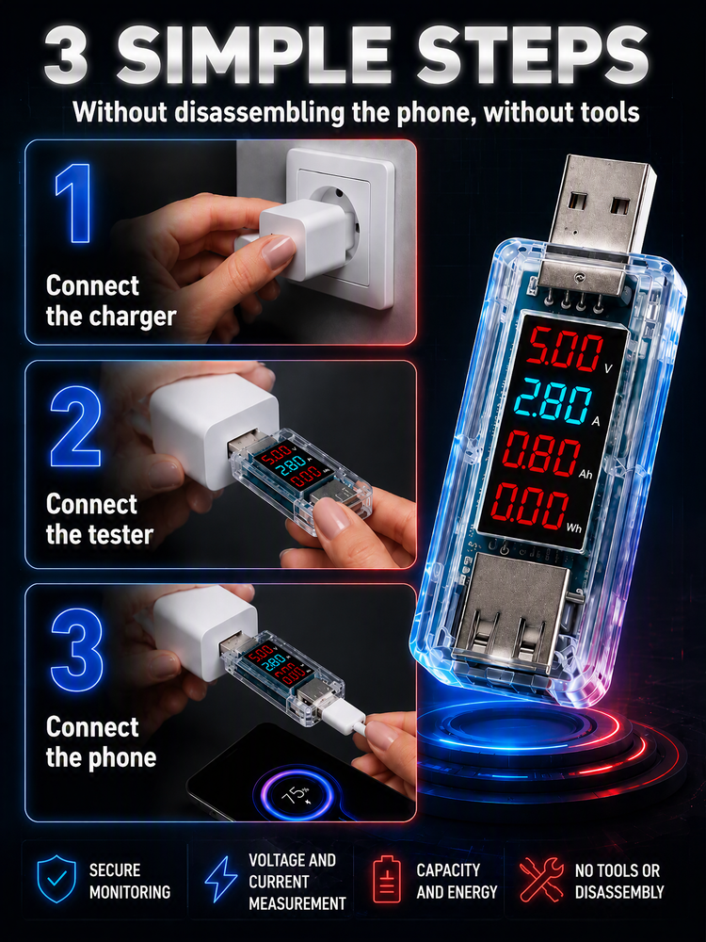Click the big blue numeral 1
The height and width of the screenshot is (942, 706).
point(74,203)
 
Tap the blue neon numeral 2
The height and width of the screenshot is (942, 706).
point(75,427)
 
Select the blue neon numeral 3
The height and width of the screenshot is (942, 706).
point(77,649)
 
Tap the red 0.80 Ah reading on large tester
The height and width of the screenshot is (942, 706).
point(541,454)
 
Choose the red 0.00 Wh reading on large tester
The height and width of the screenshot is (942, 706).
point(529,505)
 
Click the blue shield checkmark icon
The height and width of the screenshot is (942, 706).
point(56,879)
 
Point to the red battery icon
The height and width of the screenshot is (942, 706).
point(387,879)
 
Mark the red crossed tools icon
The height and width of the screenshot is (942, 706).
point(541,879)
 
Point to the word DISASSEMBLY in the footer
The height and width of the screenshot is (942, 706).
point(619,892)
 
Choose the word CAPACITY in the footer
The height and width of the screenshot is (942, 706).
point(448,869)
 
